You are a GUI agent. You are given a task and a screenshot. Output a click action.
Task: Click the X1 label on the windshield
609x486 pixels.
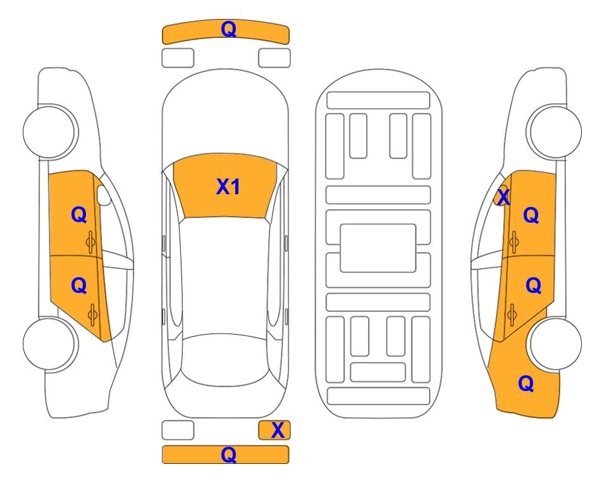(x=228, y=187)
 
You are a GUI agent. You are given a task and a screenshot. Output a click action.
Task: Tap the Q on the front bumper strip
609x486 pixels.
(x=228, y=28)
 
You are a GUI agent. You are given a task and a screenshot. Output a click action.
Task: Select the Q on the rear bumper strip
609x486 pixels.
(x=228, y=454)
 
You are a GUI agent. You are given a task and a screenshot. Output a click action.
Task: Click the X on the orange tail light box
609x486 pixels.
(x=278, y=430)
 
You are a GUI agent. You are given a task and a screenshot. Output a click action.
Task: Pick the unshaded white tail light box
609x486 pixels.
(x=178, y=430)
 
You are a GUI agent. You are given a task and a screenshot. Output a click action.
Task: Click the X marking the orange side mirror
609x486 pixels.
(x=503, y=196)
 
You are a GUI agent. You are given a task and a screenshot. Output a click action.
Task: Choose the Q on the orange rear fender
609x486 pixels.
(x=526, y=383)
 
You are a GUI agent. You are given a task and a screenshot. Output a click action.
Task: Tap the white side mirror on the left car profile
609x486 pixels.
(x=104, y=195)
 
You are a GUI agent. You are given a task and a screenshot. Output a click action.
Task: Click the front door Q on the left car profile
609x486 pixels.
(x=79, y=215)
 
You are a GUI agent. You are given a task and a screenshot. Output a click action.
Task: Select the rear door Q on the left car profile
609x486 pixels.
(x=79, y=286)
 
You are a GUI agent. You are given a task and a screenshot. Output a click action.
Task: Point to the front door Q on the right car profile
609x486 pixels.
(x=531, y=215)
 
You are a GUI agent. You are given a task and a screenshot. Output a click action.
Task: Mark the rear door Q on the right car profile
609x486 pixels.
(x=533, y=286)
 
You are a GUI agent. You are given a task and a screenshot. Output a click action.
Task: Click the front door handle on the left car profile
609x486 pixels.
(x=90, y=242)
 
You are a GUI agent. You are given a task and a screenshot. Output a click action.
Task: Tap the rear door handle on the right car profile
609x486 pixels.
(x=512, y=315)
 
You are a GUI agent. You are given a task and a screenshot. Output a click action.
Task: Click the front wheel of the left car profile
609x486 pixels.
(x=49, y=132)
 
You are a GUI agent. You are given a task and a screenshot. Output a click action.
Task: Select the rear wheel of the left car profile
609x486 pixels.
(x=49, y=344)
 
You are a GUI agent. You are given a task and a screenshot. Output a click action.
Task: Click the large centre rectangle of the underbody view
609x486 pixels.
(x=378, y=248)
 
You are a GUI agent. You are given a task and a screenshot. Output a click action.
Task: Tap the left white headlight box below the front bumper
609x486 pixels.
(x=178, y=58)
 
